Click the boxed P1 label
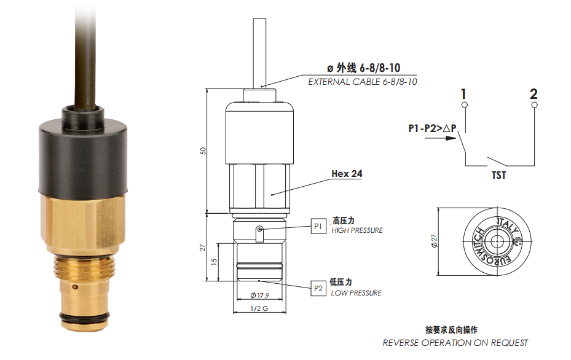tap(318, 227)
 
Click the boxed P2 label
tap(318, 288)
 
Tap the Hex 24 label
tap(347, 174)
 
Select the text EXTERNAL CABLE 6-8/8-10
tap(363, 82)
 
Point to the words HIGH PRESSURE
tap(357, 230)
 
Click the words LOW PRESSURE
tap(356, 293)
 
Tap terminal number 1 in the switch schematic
tap(463, 94)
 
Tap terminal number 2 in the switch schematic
tap(534, 94)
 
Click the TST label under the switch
tap(499, 176)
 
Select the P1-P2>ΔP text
tap(432, 128)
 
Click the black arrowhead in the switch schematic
tap(451, 138)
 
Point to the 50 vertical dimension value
tap(203, 151)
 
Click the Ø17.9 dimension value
tap(259, 295)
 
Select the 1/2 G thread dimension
tap(259, 308)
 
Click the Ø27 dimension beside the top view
tap(434, 241)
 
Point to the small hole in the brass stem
tap(75, 287)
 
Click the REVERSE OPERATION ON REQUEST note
tap(455, 343)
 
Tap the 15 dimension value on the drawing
tap(214, 261)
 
